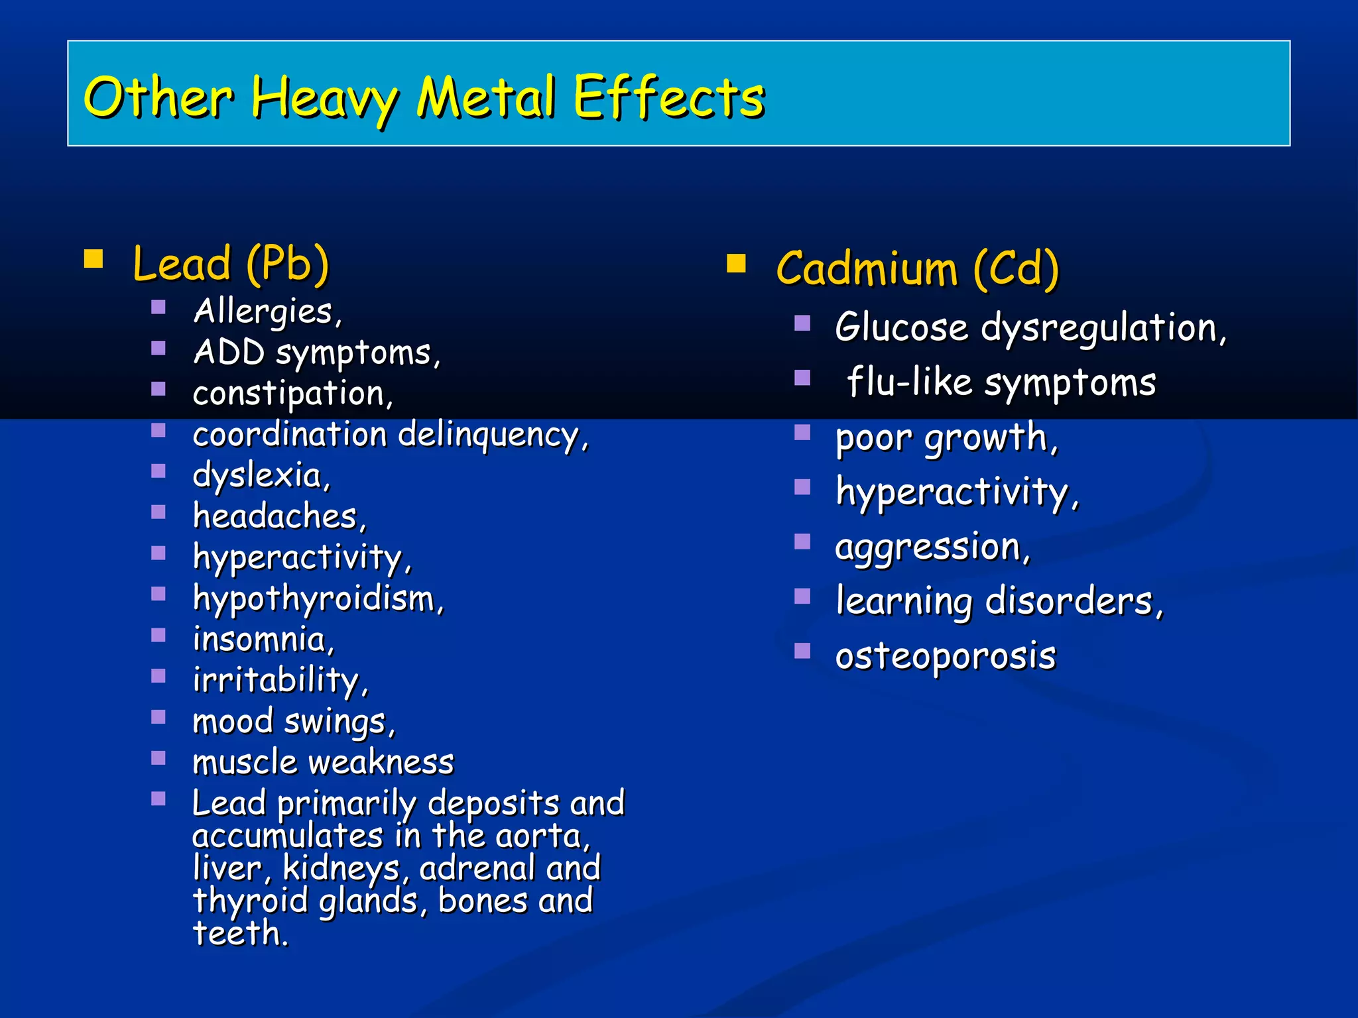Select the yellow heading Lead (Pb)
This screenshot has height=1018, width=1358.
pyautogui.click(x=231, y=264)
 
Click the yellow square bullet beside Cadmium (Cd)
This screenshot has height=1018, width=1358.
pyautogui.click(x=736, y=264)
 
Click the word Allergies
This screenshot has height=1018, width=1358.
pyautogui.click(x=264, y=311)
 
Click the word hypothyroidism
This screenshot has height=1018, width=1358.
pyautogui.click(x=314, y=598)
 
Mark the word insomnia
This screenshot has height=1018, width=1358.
pyautogui.click(x=260, y=640)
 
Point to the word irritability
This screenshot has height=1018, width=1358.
pyautogui.click(x=276, y=681)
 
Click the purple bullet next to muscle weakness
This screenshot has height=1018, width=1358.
pyautogui.click(x=158, y=758)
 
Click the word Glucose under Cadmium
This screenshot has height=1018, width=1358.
pyautogui.click(x=902, y=327)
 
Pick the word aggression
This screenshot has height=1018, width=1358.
pyautogui.click(x=928, y=547)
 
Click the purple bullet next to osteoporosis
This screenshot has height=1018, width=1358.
pyautogui.click(x=802, y=651)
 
